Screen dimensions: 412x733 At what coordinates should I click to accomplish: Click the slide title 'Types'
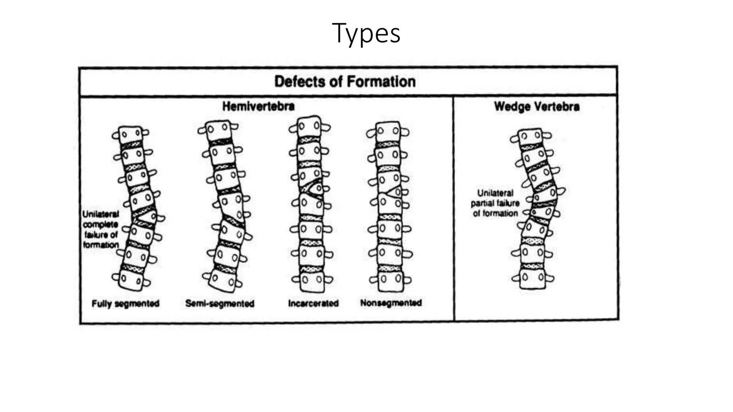(x=366, y=33)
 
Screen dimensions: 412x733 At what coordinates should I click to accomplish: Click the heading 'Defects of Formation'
(x=345, y=82)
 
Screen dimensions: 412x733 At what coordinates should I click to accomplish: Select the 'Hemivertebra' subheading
(x=258, y=106)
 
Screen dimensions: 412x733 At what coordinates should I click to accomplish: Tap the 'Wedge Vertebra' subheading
(x=537, y=107)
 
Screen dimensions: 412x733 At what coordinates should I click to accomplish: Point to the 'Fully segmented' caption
(x=125, y=304)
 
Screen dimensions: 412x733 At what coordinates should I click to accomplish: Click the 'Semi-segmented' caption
(x=220, y=304)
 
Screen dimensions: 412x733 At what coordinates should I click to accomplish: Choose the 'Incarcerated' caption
(x=313, y=303)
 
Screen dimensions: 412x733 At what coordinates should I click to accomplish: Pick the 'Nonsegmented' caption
(x=391, y=303)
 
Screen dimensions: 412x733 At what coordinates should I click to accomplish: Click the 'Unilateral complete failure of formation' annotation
(x=101, y=229)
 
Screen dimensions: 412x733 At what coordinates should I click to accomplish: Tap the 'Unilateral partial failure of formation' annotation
(x=495, y=203)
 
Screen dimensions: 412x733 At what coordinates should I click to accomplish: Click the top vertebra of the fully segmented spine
(x=130, y=135)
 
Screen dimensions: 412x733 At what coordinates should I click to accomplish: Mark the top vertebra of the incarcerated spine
(x=309, y=126)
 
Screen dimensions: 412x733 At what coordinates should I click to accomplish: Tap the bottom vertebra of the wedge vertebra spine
(x=533, y=278)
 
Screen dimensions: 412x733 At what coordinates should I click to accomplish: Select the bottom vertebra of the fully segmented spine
(x=131, y=279)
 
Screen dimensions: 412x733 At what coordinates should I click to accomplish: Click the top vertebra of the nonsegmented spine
(x=388, y=132)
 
